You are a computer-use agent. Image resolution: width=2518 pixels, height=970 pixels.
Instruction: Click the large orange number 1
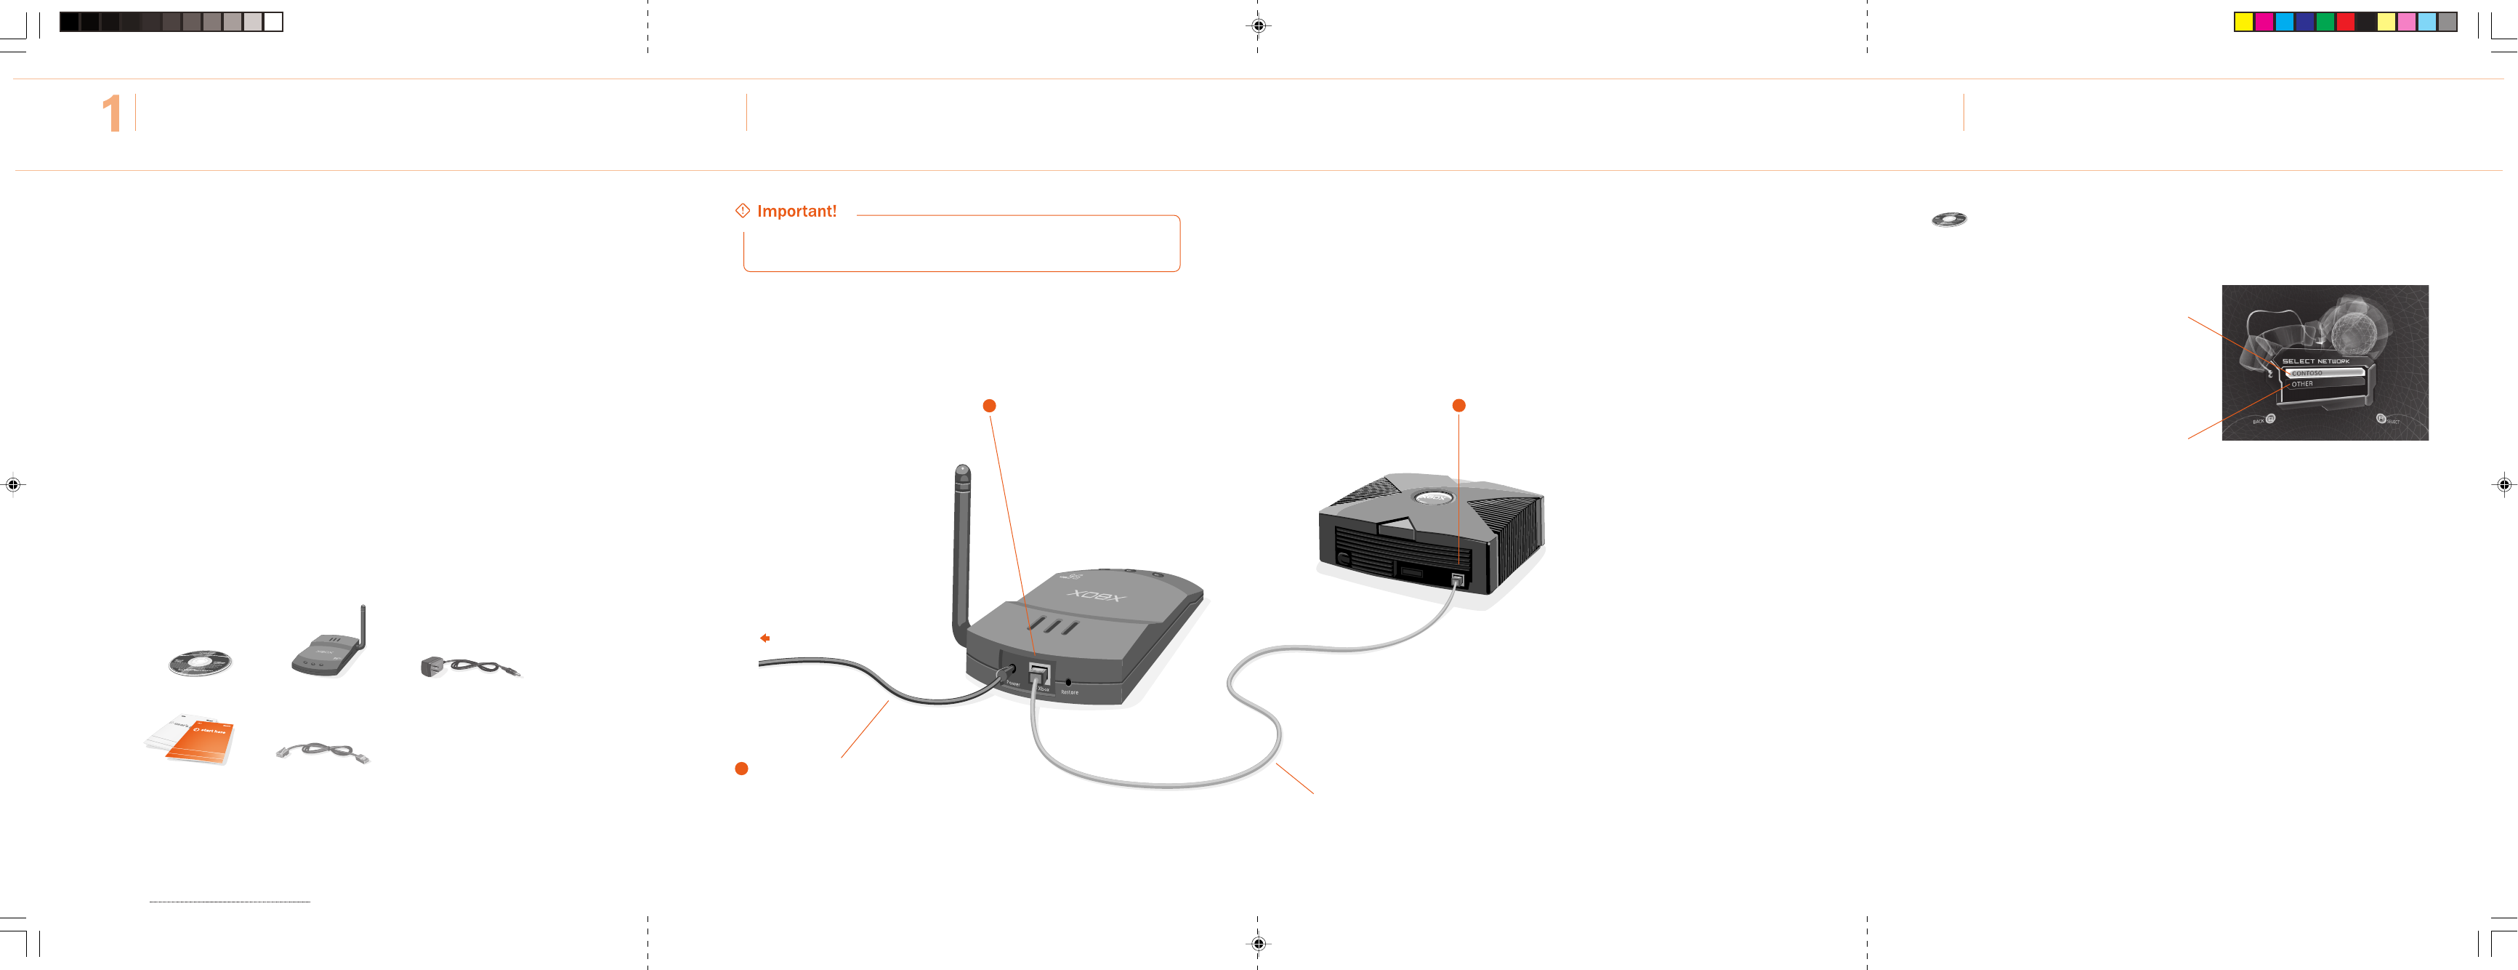click(x=111, y=113)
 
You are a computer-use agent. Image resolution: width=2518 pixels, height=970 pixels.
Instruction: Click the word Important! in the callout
click(x=796, y=211)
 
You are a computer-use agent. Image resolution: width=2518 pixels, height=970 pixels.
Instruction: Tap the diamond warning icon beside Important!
click(x=743, y=210)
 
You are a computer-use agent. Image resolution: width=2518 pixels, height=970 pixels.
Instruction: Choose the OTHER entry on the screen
click(x=2303, y=384)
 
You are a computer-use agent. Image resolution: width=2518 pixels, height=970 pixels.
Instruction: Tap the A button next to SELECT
click(x=2381, y=419)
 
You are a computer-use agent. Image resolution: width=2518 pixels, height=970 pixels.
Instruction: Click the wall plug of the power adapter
click(x=431, y=667)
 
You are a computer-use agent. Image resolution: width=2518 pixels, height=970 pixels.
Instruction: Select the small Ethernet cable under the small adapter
click(x=323, y=752)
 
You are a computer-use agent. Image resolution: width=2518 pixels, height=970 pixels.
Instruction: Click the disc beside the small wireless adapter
click(x=199, y=663)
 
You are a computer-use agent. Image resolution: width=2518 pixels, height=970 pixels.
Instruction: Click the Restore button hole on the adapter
click(x=1068, y=681)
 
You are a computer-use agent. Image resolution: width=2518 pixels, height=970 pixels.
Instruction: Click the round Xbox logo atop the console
click(x=1433, y=497)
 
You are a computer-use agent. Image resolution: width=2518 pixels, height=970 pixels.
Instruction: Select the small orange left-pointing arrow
click(x=765, y=638)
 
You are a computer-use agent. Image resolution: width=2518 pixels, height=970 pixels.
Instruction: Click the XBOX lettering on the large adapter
click(x=1096, y=595)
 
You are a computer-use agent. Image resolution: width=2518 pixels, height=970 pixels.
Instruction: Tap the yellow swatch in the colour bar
click(x=2243, y=23)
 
